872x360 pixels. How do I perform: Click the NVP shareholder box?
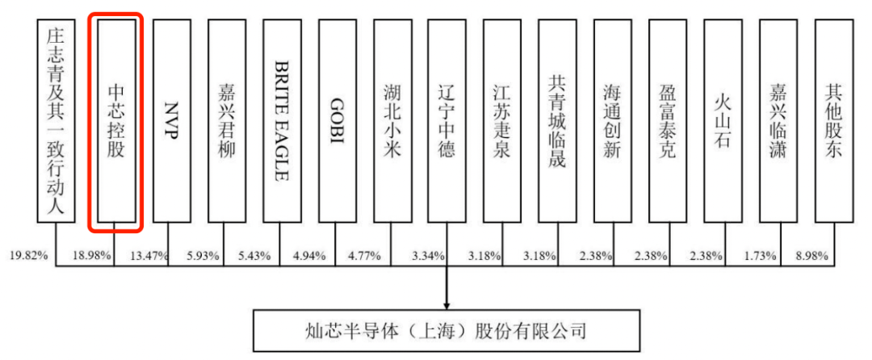point(172,120)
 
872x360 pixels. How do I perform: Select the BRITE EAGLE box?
point(282,120)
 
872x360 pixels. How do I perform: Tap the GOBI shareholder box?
point(337,120)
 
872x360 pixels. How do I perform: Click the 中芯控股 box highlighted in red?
point(116,120)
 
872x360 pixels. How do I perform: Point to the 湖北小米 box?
point(392,120)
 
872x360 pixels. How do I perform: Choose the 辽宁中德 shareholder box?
point(446,120)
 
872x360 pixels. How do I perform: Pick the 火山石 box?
point(722,120)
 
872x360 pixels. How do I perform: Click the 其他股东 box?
point(833,120)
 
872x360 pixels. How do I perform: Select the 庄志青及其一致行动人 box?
point(55,120)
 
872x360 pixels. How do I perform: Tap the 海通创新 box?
point(612,120)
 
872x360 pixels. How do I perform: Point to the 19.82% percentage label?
point(29,256)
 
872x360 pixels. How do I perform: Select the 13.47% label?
point(149,256)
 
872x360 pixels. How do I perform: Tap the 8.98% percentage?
point(810,256)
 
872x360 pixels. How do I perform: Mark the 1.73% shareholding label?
point(757,256)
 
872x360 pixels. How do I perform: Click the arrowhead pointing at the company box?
point(446,302)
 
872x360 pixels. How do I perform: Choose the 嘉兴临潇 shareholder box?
point(778,120)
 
